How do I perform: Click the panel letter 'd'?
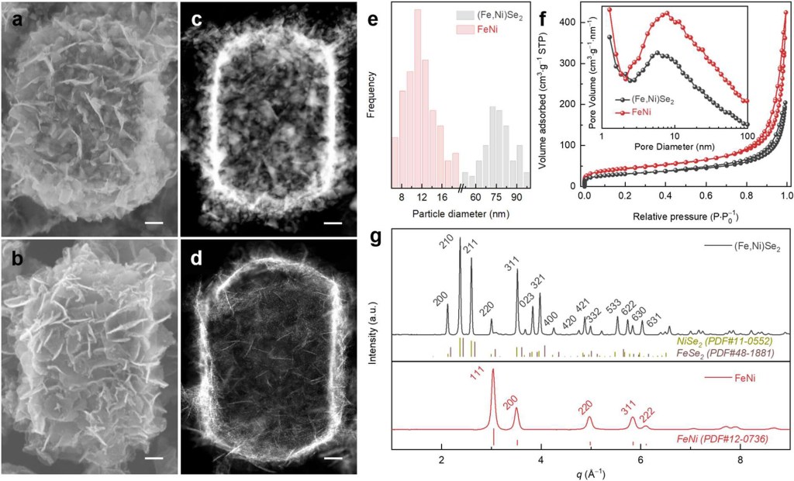tap(196, 257)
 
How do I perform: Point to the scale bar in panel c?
tap(333, 224)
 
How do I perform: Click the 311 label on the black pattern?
tap(511, 268)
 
